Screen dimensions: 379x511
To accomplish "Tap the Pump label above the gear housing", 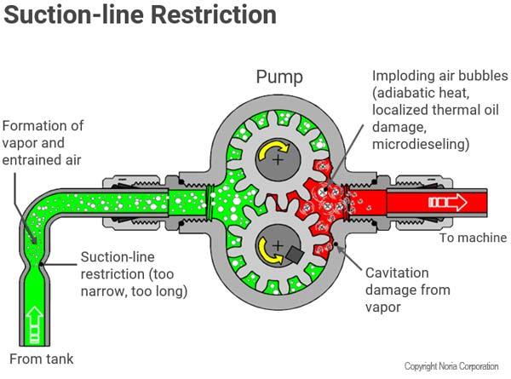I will (x=280, y=78).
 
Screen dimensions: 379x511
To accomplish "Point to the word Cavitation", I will (x=395, y=273).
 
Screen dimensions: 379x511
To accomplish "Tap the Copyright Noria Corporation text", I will (x=451, y=366).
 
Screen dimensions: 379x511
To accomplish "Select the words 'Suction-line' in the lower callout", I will (x=118, y=256).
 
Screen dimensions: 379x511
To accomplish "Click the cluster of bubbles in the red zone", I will (x=333, y=204).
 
